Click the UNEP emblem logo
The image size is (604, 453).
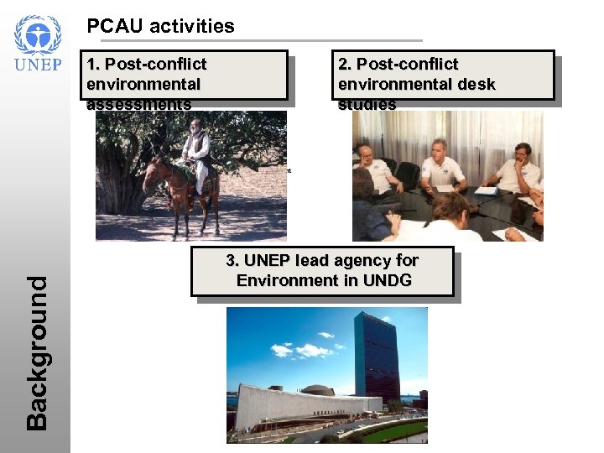click(x=38, y=35)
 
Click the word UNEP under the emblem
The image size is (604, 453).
click(x=38, y=65)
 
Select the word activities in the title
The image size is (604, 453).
click(x=192, y=26)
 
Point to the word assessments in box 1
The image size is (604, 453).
click(x=138, y=104)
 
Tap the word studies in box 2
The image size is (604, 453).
click(x=367, y=104)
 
